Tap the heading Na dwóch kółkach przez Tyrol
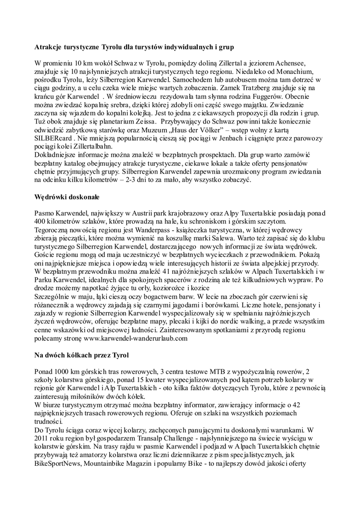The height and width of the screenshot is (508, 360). tap(81, 355)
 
